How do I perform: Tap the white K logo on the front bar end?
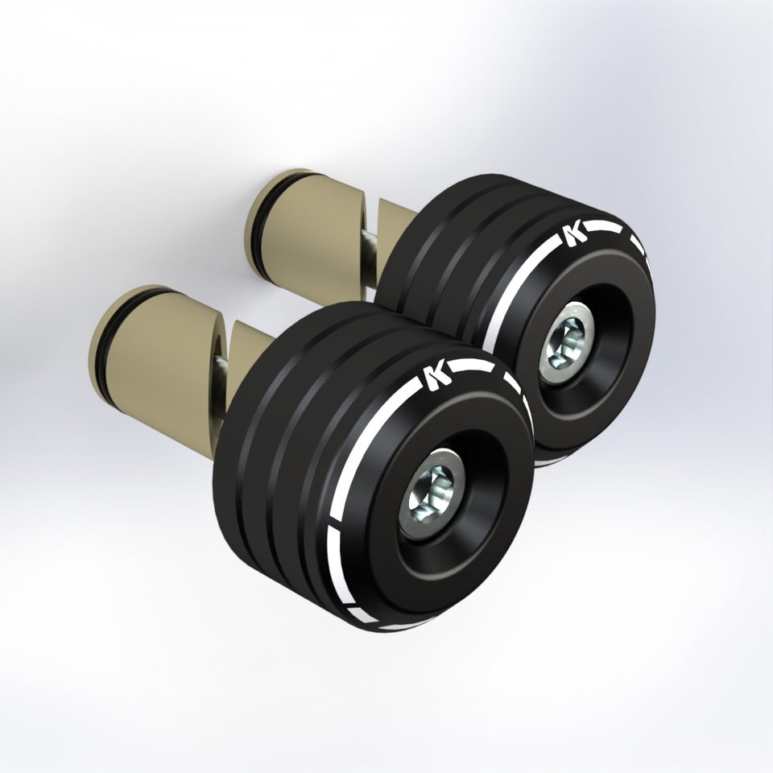pos(437,377)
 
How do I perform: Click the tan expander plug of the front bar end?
pos(158,345)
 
